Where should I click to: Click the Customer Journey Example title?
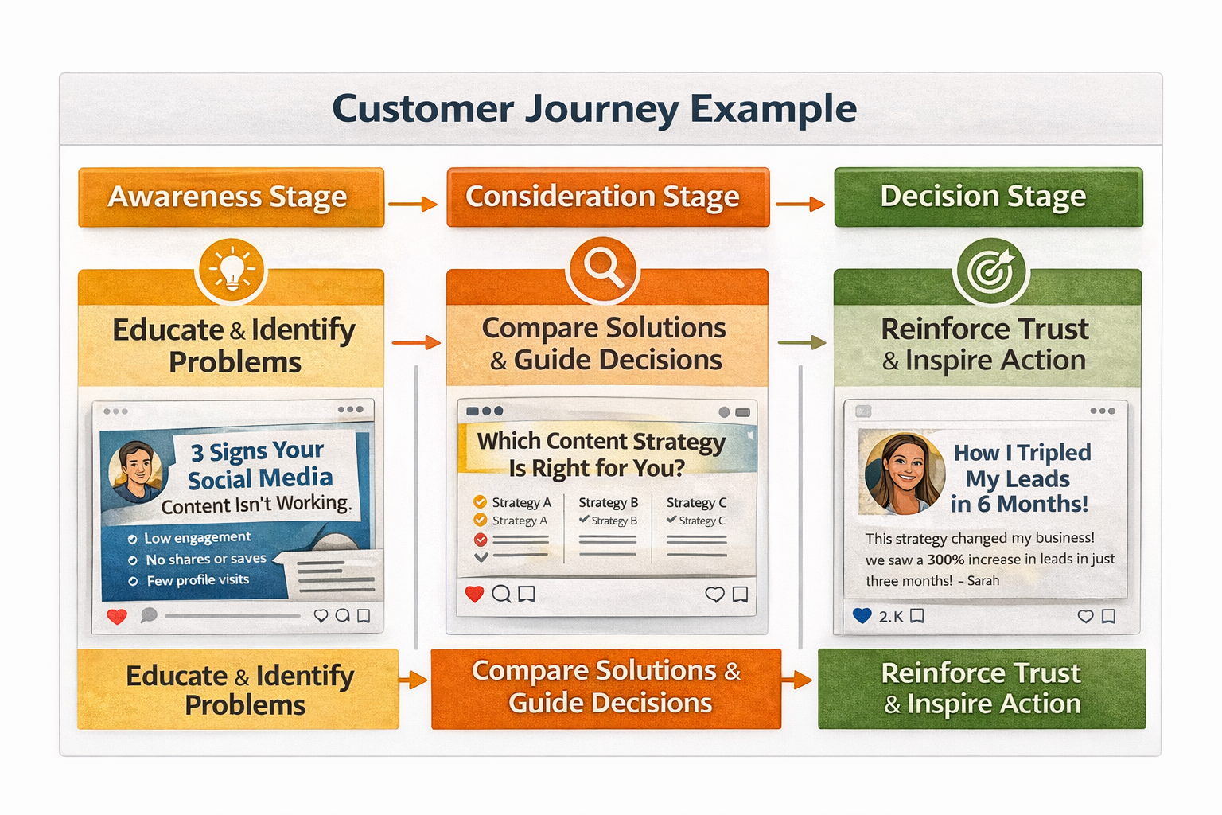pyautogui.click(x=594, y=109)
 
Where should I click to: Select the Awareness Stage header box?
pyautogui.click(x=231, y=197)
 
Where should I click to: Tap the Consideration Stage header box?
pyautogui.click(x=608, y=197)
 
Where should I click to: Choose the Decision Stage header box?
pyautogui.click(x=987, y=197)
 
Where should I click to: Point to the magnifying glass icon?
pyautogui.click(x=602, y=268)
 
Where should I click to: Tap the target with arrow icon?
pyautogui.click(x=990, y=271)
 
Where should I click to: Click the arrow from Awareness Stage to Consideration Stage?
pyautogui.click(x=413, y=205)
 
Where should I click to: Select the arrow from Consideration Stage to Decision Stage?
pyautogui.click(x=800, y=205)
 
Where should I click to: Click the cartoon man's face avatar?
pyautogui.click(x=136, y=470)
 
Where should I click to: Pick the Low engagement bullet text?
pyautogui.click(x=197, y=538)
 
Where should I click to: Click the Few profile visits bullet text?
pyautogui.click(x=198, y=580)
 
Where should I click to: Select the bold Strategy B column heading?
pyautogui.click(x=609, y=502)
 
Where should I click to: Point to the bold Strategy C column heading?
pyautogui.click(x=696, y=502)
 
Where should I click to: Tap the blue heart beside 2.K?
pyautogui.click(x=862, y=615)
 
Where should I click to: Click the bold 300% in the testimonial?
pyautogui.click(x=946, y=560)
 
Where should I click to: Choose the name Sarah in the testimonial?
pyautogui.click(x=983, y=581)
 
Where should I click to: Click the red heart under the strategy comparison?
pyautogui.click(x=475, y=594)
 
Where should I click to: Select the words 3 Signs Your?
pyautogui.click(x=257, y=451)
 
